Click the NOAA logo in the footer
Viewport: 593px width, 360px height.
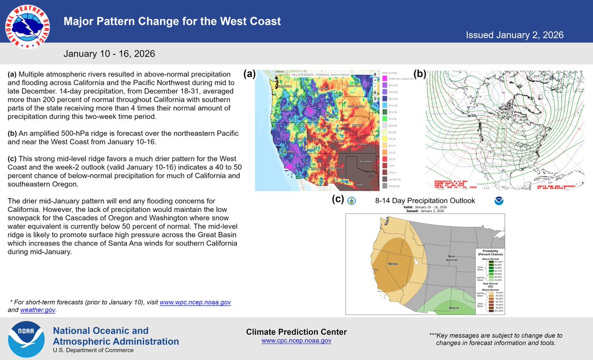click(25, 340)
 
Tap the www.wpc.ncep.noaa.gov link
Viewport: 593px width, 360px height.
click(195, 302)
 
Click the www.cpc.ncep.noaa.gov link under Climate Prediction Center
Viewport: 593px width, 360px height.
click(296, 341)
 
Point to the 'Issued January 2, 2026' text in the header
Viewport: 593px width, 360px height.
click(514, 35)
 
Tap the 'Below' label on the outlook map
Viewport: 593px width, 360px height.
click(393, 264)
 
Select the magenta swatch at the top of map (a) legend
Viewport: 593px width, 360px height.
click(384, 78)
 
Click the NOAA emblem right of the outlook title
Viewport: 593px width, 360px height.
click(498, 201)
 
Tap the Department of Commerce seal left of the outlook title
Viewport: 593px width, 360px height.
click(351, 201)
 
